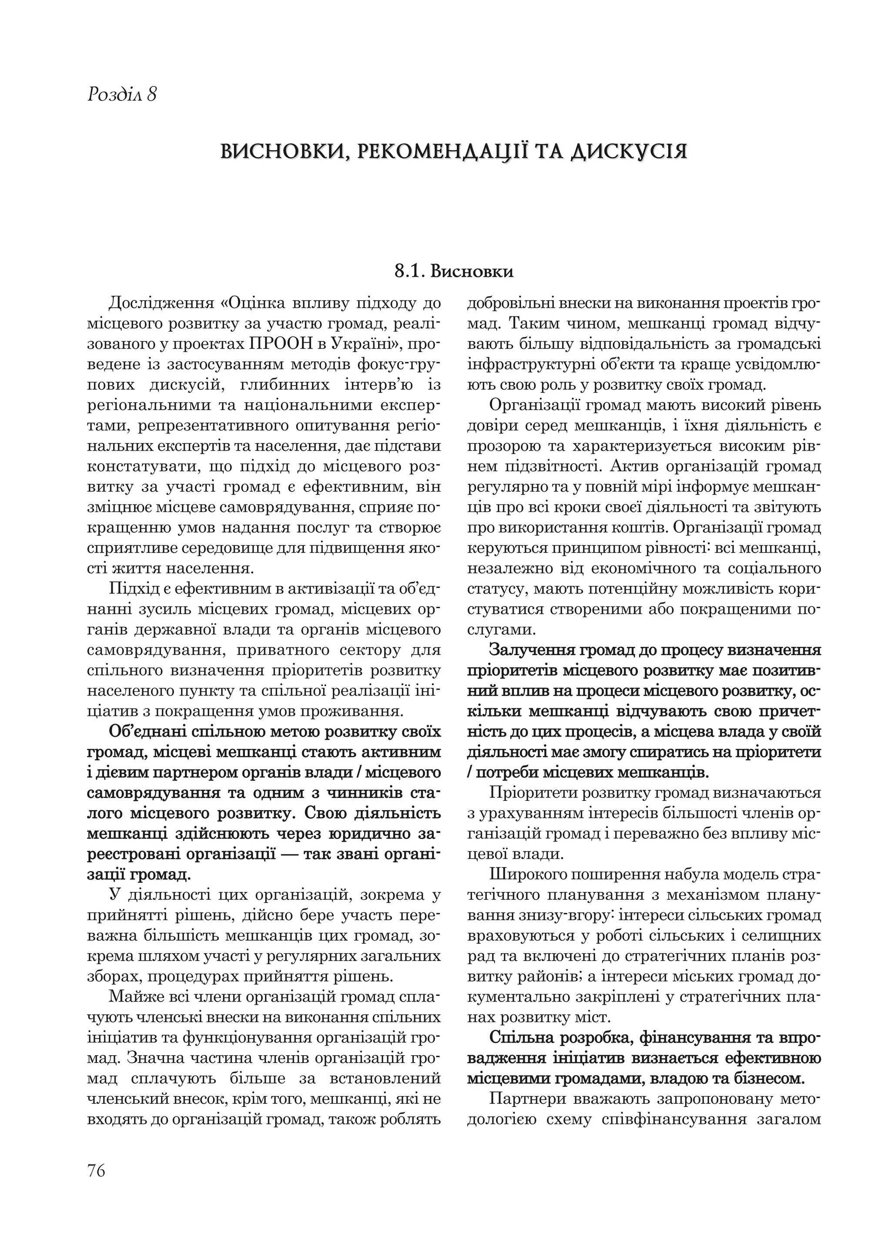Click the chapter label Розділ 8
[x=122, y=94]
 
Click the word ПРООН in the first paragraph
[x=283, y=343]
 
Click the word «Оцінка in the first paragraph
[x=255, y=303]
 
